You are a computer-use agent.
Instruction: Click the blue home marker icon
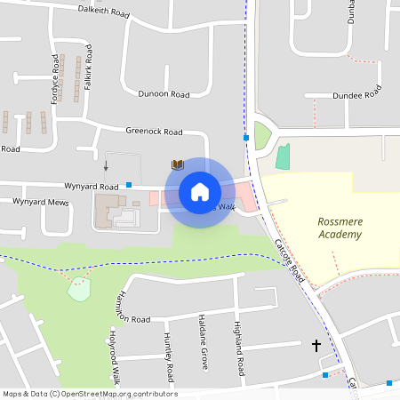tap(199, 192)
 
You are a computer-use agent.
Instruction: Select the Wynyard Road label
tap(91, 187)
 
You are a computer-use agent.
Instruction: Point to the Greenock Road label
tap(154, 132)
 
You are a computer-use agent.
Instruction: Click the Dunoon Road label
tap(164, 93)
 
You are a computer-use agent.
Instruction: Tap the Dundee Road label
tap(356, 94)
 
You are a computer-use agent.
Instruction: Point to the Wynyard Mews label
tap(40, 202)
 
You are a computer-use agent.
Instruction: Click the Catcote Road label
tap(290, 261)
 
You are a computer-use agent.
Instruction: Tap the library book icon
tap(178, 164)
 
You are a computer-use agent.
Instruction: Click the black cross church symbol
tap(316, 344)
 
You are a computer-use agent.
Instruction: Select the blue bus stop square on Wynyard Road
tap(129, 185)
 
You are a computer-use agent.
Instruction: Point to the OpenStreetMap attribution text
tap(90, 394)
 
